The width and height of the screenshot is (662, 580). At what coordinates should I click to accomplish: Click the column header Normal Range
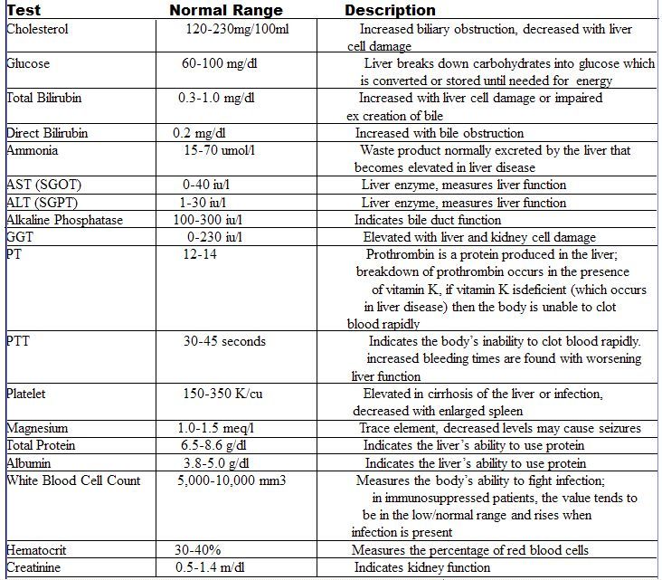pyautogui.click(x=226, y=11)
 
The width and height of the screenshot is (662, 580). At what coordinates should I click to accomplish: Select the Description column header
pyautogui.click(x=390, y=11)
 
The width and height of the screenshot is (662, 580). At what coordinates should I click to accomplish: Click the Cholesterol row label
pyautogui.click(x=37, y=29)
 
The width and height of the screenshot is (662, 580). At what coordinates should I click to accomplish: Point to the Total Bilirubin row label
pyautogui.click(x=43, y=98)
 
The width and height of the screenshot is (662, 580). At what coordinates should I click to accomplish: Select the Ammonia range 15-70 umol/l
pyautogui.click(x=222, y=150)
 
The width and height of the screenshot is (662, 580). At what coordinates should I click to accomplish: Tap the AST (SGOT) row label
pyautogui.click(x=43, y=185)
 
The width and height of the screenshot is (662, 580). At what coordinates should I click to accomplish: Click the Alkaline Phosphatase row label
pyautogui.click(x=64, y=220)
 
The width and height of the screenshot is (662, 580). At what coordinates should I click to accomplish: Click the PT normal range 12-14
pyautogui.click(x=202, y=255)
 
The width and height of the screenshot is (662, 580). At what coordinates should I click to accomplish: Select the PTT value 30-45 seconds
pyautogui.click(x=224, y=341)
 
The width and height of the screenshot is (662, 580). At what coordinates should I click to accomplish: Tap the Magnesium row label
pyautogui.click(x=37, y=428)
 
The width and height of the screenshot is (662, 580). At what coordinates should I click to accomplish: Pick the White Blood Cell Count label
pyautogui.click(x=73, y=480)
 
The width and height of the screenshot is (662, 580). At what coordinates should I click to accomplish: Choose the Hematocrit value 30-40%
pyautogui.click(x=198, y=550)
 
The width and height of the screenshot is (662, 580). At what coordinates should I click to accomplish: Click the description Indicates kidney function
pyautogui.click(x=421, y=567)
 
